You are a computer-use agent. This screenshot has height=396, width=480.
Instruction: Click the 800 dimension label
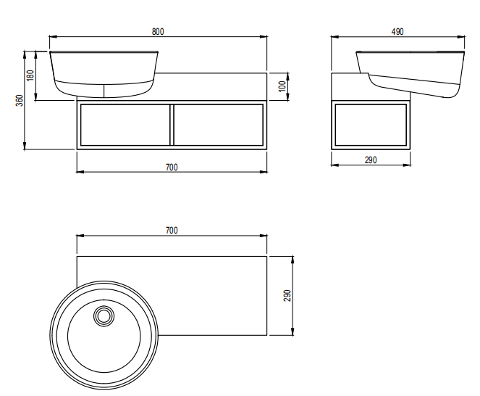click(158, 32)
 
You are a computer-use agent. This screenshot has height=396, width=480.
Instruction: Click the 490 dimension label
click(397, 32)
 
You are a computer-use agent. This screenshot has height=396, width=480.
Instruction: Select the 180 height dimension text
click(30, 75)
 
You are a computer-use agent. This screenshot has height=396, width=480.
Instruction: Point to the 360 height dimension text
click(20, 100)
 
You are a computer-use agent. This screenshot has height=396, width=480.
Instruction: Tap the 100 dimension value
click(282, 86)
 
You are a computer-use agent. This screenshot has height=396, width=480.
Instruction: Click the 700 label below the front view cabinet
click(172, 167)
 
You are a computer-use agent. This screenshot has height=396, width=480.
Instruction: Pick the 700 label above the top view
click(172, 231)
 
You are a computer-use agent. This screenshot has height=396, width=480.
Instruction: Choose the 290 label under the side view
click(371, 160)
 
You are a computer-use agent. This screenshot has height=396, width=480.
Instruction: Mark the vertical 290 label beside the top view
click(287, 296)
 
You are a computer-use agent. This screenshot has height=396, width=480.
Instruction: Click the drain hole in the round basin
click(104, 315)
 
